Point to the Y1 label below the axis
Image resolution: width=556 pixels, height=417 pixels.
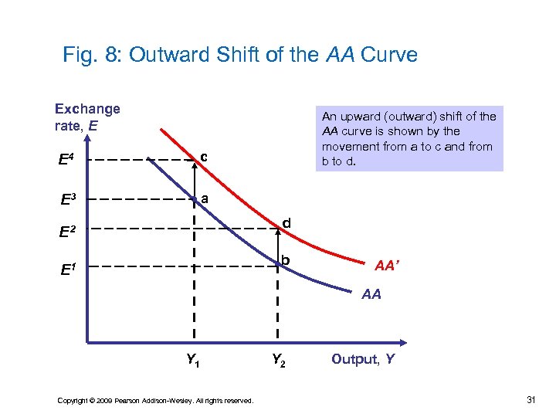(194, 359)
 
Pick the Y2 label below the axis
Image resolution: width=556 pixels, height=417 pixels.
(279, 359)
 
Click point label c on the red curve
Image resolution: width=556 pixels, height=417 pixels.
(204, 158)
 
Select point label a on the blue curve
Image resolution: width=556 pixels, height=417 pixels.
(204, 198)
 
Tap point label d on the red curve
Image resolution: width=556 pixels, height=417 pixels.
(286, 224)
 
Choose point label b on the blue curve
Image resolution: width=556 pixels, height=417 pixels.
(286, 260)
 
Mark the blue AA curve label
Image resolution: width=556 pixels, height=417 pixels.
(371, 294)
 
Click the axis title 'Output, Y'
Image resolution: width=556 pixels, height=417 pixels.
(363, 358)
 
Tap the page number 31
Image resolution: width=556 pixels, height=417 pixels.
(531, 399)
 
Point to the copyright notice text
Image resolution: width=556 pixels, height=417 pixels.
(155, 400)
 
